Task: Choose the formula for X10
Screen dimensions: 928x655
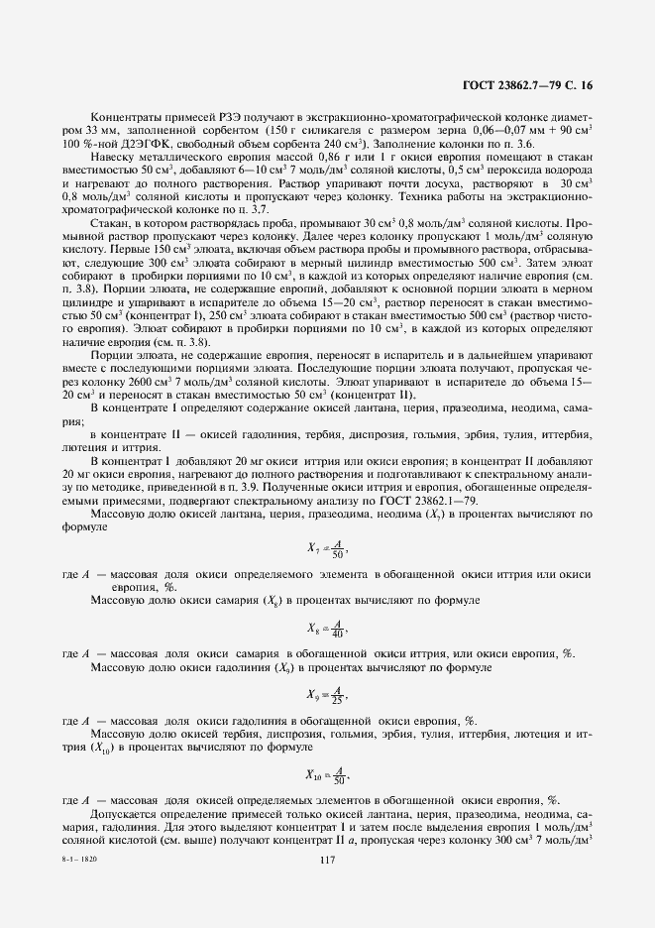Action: point(327,774)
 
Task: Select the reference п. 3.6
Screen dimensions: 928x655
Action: point(519,143)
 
